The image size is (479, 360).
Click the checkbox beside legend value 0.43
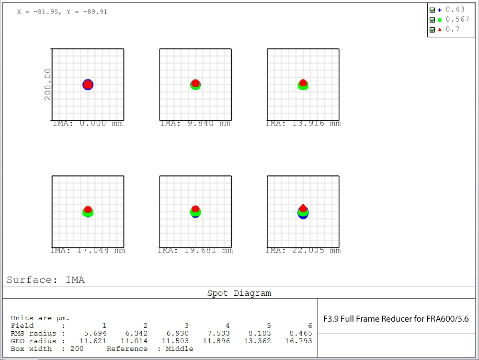tap(433, 10)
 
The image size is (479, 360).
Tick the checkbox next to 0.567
tap(433, 20)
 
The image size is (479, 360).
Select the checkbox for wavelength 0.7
tap(433, 30)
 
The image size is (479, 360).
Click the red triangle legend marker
tap(440, 30)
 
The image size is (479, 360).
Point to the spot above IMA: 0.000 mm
tap(88, 84)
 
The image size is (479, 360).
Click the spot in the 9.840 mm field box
tap(195, 84)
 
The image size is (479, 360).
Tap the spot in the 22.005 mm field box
tap(303, 211)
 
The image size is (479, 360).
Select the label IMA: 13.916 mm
tap(303, 124)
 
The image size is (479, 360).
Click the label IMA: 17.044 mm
tap(88, 250)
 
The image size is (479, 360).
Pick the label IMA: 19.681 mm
tap(195, 250)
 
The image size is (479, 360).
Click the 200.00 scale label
tap(47, 84)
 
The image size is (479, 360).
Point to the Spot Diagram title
tap(239, 293)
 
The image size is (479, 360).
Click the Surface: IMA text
tap(46, 280)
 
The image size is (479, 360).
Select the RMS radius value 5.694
tap(95, 333)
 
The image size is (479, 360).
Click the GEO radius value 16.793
tap(301, 341)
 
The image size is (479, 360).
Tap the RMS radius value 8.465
tap(301, 333)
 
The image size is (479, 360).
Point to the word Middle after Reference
tap(180, 348)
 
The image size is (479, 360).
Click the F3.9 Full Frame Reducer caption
tap(396, 319)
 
